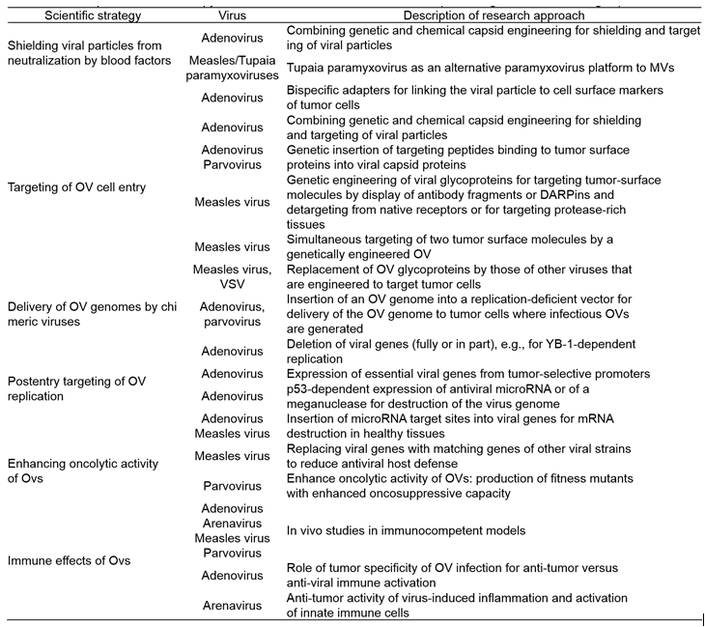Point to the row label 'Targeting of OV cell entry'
(76, 186)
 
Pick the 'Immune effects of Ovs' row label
(69, 559)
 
